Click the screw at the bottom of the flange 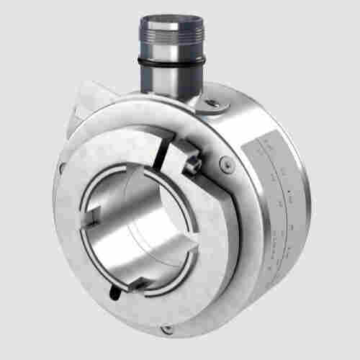pos(167,328)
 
